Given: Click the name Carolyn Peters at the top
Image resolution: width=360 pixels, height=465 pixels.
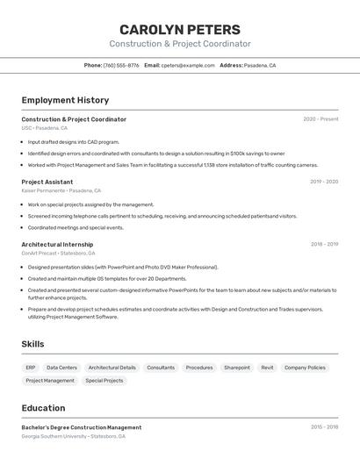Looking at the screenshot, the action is pos(179,29).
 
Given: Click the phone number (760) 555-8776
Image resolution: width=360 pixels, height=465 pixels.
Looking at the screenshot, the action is pos(121,65).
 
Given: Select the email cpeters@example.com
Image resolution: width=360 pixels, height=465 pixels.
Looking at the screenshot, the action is pos(188,65).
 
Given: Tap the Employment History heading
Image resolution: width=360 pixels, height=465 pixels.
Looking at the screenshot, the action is pos(65,100).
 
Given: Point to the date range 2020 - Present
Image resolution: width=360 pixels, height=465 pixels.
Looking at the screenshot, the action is pos(320,119).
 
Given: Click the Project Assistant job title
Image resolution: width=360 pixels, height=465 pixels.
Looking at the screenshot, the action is pos(47,182).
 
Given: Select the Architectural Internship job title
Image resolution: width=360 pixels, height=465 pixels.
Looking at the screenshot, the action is pos(57,245).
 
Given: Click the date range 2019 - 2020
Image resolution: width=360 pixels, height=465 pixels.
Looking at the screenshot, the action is pos(324,182).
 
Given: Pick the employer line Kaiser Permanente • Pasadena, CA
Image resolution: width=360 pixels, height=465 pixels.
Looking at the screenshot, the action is pos(61,190).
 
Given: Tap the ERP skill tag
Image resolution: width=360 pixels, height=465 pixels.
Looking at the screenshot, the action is pos(31,368).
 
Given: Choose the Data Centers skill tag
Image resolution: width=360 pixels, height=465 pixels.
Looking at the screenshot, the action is pos(61,368).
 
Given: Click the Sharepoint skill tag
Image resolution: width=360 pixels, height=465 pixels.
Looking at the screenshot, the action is pos(237,368).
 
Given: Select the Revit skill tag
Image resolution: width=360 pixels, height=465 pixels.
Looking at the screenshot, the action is pos(267,368).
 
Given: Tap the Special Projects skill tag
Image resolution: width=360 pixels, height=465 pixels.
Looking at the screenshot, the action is pos(104,381).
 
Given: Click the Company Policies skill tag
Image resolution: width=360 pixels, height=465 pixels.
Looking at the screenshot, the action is pos(305,368).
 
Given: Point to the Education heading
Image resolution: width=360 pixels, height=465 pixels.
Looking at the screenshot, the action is pos(43,408).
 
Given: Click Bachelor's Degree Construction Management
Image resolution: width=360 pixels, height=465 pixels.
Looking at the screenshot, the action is pos(81,427).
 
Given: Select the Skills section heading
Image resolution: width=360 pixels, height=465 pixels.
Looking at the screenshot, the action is pos(32,344).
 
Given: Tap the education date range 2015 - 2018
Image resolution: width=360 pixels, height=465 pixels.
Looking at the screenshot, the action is pos(324,427).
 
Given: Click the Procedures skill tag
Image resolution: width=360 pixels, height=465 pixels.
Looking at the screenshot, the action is pos(199,368).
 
